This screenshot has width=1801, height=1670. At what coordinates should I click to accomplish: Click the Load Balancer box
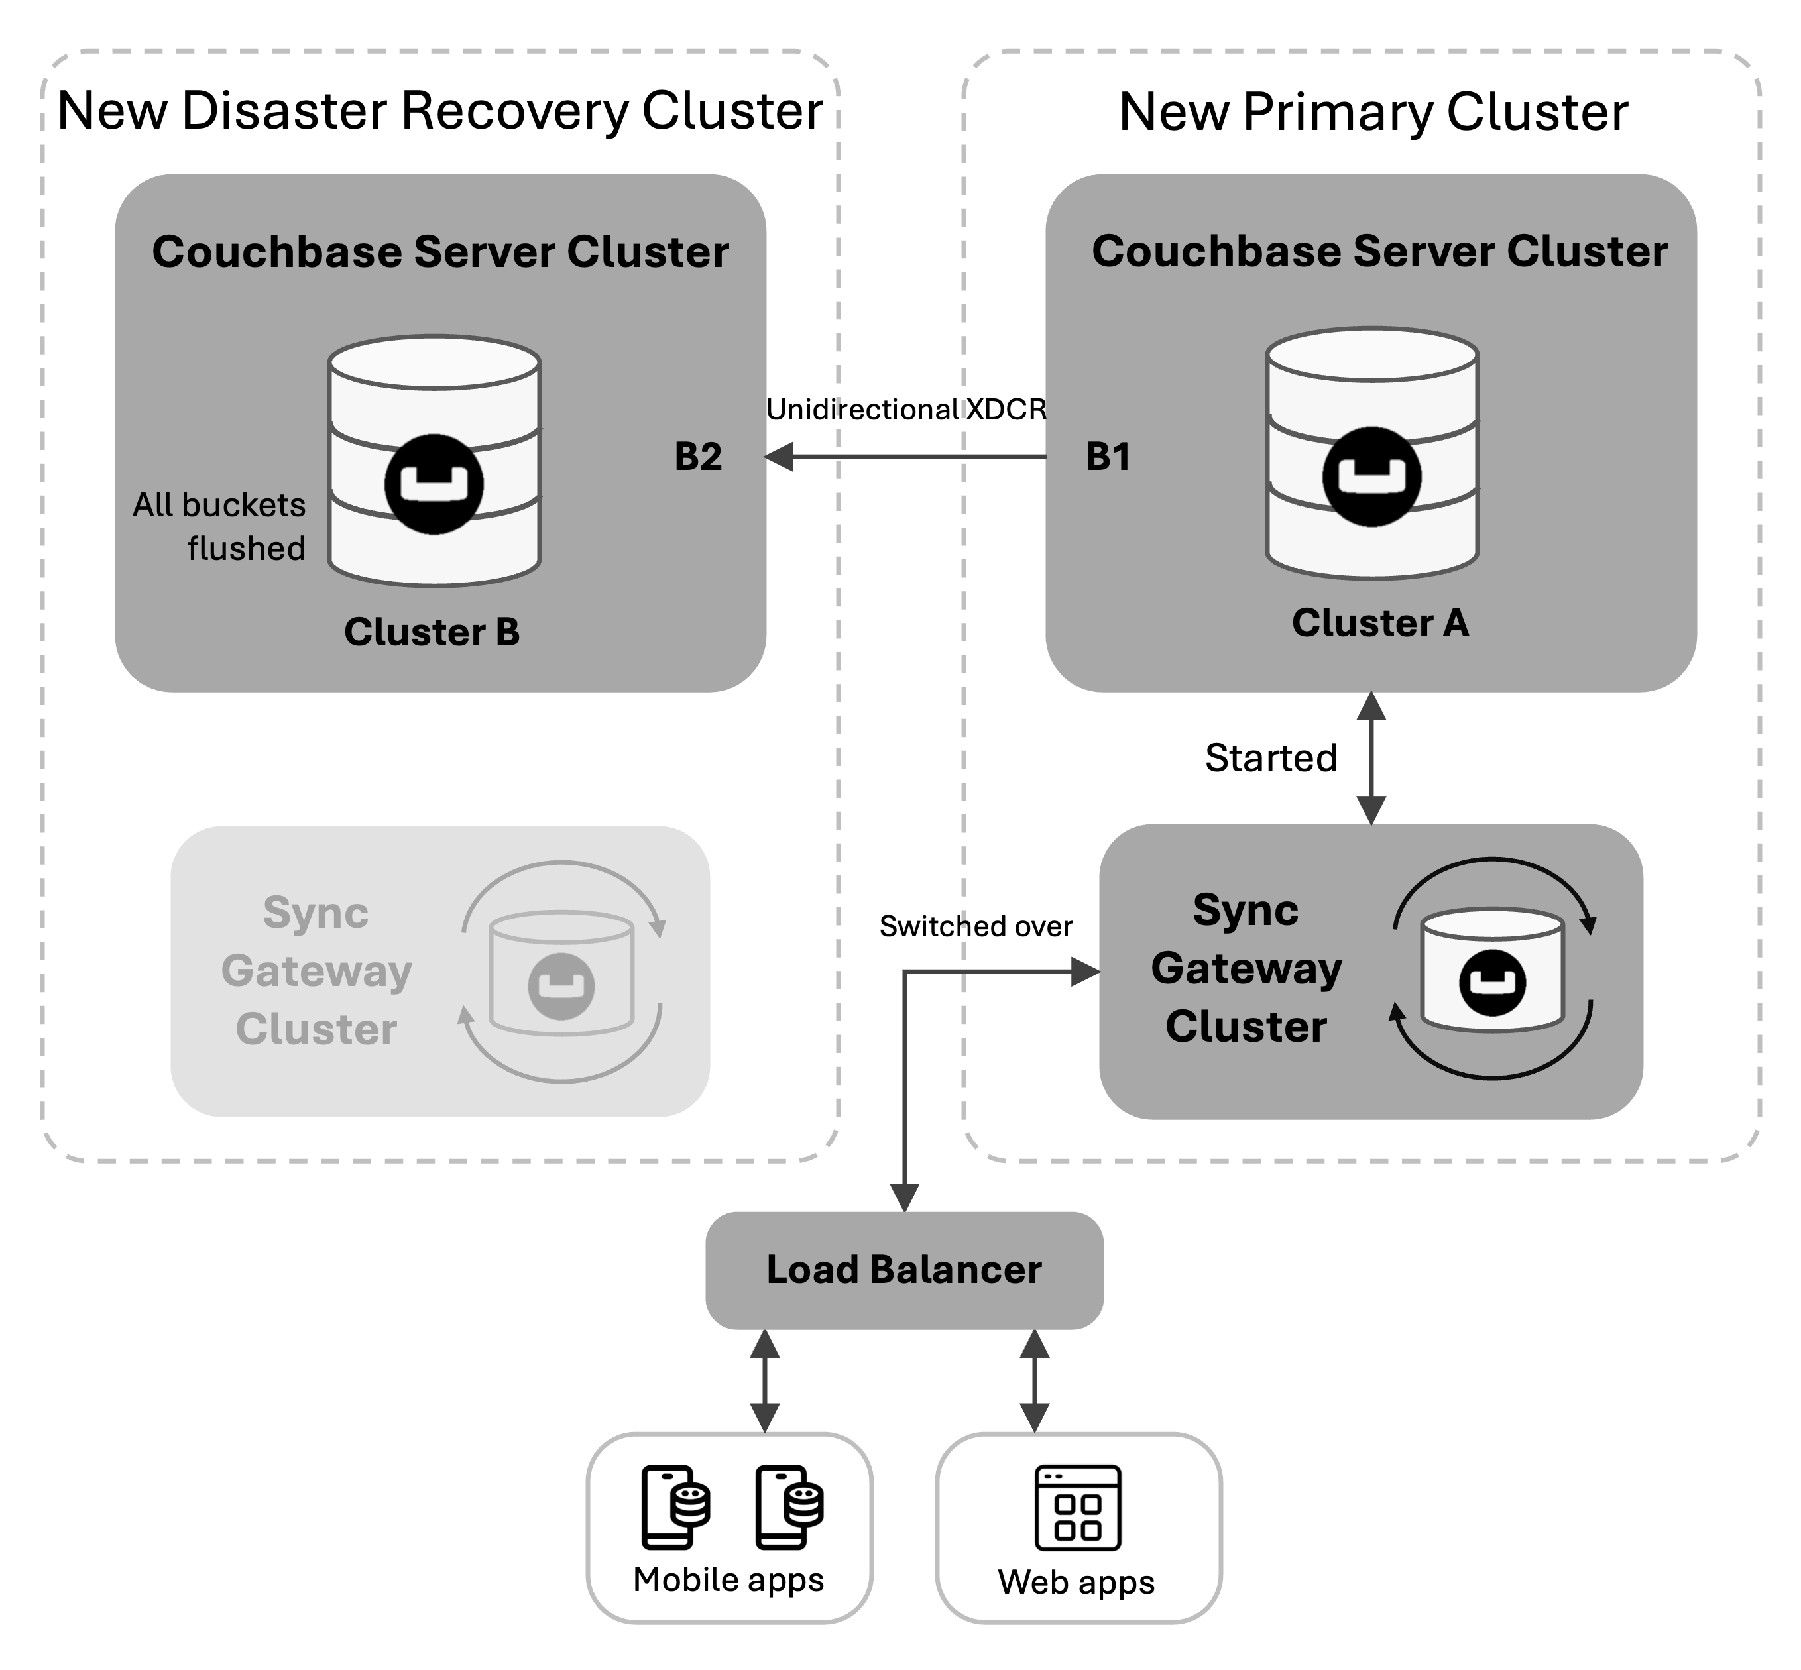click(903, 1270)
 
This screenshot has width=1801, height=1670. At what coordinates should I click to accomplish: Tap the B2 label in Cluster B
click(697, 457)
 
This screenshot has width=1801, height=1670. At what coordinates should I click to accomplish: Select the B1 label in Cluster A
click(1108, 457)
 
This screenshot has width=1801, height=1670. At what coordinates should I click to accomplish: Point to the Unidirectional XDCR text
click(905, 410)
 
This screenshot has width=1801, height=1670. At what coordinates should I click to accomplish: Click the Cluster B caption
click(432, 632)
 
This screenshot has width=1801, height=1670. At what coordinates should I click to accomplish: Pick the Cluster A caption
click(1380, 623)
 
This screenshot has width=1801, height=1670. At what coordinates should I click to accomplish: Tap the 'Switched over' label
click(975, 926)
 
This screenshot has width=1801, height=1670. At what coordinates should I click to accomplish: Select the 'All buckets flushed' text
click(219, 526)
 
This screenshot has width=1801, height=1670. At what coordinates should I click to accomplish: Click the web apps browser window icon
click(1077, 1508)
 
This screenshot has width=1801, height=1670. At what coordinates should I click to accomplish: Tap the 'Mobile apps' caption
click(728, 1580)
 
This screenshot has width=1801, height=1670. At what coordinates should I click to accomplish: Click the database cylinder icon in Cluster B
click(434, 461)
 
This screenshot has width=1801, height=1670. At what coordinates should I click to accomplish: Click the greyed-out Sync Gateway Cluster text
click(316, 971)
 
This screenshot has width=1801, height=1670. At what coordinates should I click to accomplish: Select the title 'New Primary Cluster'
click(1373, 112)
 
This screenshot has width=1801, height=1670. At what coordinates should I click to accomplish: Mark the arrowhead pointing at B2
click(779, 457)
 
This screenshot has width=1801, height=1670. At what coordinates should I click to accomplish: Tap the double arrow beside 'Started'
click(1371, 758)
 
